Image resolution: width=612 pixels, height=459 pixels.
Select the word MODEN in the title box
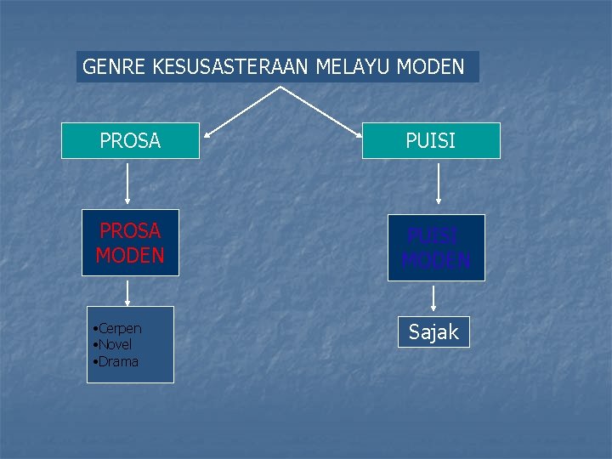(x=430, y=67)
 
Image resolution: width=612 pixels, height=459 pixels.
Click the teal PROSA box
(x=130, y=141)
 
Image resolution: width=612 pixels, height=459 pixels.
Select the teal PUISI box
(x=431, y=141)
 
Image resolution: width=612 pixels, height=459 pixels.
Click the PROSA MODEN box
(x=130, y=242)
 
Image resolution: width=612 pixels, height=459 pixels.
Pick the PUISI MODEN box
(x=436, y=247)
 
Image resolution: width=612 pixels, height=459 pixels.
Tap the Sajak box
(x=433, y=332)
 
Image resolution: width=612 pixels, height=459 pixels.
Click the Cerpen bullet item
(x=120, y=328)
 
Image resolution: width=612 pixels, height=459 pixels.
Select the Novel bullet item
(x=116, y=344)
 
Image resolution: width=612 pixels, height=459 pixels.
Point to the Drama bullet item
(x=118, y=361)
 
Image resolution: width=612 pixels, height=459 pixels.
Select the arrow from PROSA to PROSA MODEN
(x=127, y=183)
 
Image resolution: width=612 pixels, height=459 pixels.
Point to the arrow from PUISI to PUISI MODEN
(x=438, y=183)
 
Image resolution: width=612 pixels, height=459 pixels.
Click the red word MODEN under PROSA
(x=130, y=255)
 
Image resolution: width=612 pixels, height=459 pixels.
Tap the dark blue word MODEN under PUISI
(x=436, y=260)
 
